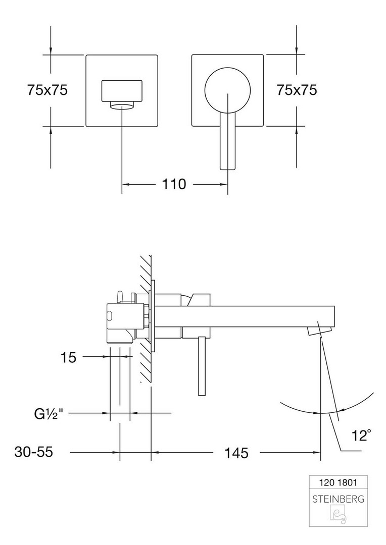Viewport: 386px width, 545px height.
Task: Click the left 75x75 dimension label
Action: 47,90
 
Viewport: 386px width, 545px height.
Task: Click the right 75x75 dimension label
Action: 297,90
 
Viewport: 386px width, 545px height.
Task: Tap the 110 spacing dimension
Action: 174,184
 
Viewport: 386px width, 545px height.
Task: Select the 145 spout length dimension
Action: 236,453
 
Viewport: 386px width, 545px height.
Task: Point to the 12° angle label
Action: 361,435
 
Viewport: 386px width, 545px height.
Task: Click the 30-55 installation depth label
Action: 34,452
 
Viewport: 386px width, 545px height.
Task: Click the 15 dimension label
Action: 68,357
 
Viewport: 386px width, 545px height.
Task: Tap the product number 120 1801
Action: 338,482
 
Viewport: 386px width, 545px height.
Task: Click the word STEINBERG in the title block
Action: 338,500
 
